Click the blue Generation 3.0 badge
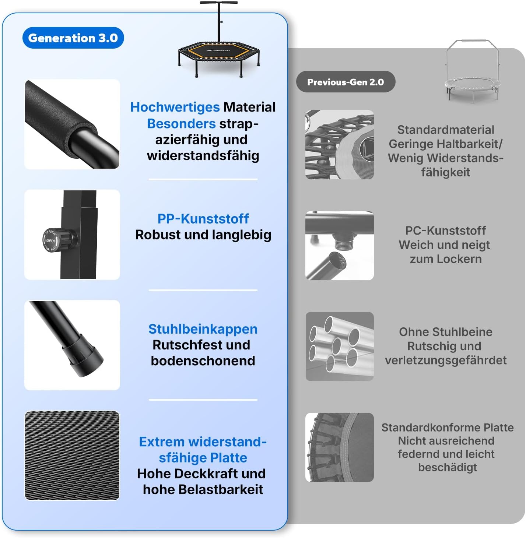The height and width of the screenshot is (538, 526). point(73,38)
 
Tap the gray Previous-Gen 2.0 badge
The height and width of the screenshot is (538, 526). point(346,82)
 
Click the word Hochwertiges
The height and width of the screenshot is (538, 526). point(175,107)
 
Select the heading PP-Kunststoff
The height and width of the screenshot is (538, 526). point(203,219)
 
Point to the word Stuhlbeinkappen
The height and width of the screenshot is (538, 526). point(203,329)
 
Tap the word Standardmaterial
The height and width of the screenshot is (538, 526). point(446,130)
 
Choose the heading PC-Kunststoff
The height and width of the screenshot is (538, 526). point(446,231)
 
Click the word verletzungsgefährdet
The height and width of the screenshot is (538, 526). point(446,360)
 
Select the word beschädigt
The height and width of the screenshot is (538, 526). point(447,467)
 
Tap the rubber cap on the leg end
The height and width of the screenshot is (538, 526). point(83,358)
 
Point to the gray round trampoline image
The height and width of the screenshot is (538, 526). point(472,72)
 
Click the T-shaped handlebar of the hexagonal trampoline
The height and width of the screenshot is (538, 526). point(218,22)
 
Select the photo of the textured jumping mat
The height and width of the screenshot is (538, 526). point(72,456)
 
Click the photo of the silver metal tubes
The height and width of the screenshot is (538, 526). point(340,347)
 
